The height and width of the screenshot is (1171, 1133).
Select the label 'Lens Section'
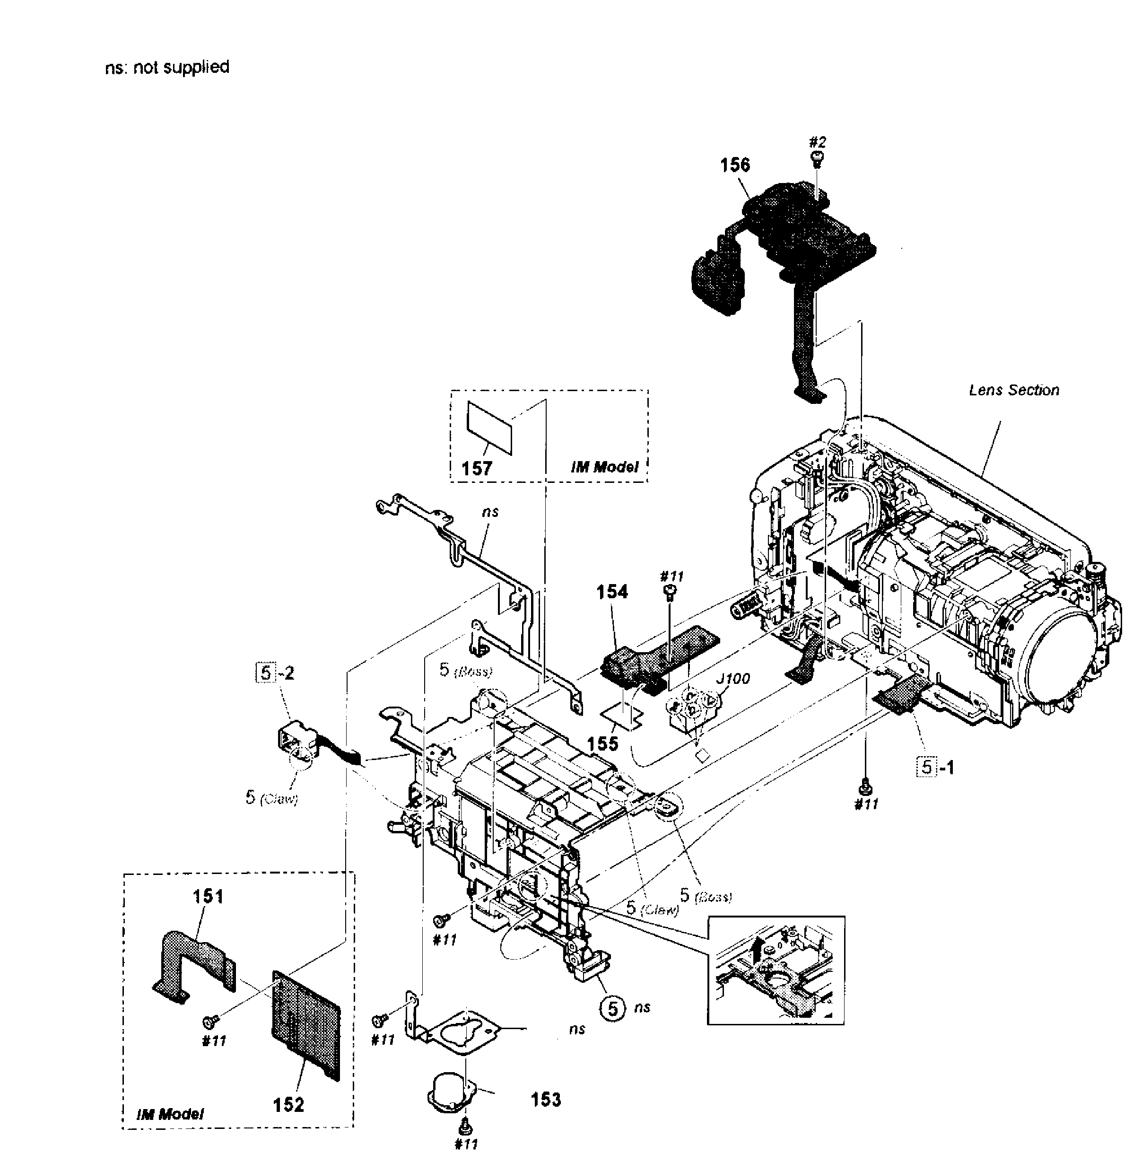(1013, 390)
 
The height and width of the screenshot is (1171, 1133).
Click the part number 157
(477, 468)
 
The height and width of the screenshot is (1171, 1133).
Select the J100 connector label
(734, 678)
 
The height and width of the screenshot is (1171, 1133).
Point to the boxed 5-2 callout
(275, 673)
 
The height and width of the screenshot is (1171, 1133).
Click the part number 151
(208, 896)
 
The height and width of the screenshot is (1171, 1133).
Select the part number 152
(288, 1105)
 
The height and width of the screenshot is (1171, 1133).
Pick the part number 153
(545, 1099)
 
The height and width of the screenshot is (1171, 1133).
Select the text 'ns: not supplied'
(167, 67)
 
